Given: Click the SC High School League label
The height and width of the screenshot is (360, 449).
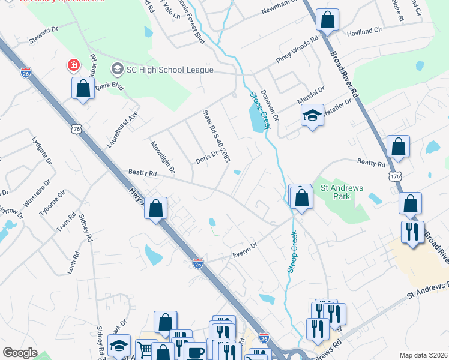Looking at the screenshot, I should point(169,70).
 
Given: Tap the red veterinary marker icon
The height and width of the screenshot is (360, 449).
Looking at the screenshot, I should point(73,64).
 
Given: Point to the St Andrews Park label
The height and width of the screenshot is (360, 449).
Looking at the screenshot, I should point(342,192).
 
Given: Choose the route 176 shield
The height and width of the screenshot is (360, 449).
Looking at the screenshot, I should point(394,176).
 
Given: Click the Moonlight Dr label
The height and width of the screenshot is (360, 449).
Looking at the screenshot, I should point(162,157).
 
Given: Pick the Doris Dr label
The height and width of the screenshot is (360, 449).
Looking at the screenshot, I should point(206,158).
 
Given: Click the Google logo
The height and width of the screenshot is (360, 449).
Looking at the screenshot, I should point(20,353).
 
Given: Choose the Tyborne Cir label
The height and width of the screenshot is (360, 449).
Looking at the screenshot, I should point(52,204).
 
